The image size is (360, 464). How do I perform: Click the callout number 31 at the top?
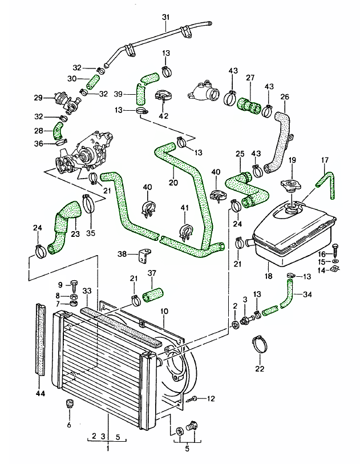pos(165,18)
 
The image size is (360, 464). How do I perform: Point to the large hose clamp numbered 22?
pos(260,344)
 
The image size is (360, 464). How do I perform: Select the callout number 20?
pos(173,183)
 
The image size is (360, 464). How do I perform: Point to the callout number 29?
pos(38,98)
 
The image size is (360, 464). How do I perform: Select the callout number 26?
pos(285,96)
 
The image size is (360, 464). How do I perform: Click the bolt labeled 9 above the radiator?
pos(74,284)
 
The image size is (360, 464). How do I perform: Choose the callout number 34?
pos(306,294)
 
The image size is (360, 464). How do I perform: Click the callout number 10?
pos(164,312)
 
